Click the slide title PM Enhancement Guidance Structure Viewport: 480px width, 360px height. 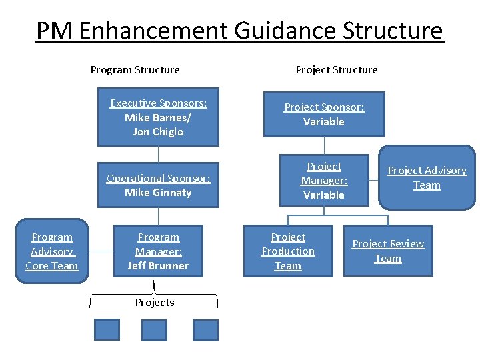(239, 31)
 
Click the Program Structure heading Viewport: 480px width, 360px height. (135, 69)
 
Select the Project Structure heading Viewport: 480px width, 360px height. (336, 69)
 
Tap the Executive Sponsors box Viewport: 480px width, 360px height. (158, 118)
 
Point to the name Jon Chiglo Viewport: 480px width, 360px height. (158, 132)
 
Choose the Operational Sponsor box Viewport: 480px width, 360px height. (158, 185)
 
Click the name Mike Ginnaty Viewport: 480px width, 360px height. (158, 193)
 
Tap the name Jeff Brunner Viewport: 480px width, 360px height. (158, 265)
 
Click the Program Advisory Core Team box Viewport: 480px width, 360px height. (52, 251)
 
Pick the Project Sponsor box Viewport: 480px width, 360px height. (324, 114)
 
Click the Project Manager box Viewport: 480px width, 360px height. (324, 181)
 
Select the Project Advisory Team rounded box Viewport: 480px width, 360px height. (427, 178)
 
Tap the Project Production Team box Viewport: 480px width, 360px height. (288, 251)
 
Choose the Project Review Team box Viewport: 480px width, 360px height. (388, 251)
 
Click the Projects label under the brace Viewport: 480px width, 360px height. (155, 303)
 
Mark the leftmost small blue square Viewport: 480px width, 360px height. (107, 329)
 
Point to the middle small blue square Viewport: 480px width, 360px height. (155, 330)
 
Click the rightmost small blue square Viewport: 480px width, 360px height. (205, 330)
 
